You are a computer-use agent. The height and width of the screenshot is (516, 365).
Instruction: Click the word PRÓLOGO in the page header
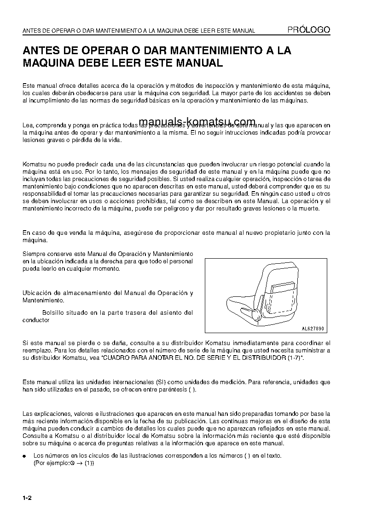308,30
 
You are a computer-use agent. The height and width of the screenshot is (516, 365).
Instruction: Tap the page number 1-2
27,499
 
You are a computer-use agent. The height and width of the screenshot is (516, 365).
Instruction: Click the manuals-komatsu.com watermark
197,121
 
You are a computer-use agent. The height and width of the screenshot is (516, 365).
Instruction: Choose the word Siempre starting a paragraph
34,254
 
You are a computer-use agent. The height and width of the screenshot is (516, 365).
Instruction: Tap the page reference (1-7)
293,357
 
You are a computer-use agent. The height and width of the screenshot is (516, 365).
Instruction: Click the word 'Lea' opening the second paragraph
27,125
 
